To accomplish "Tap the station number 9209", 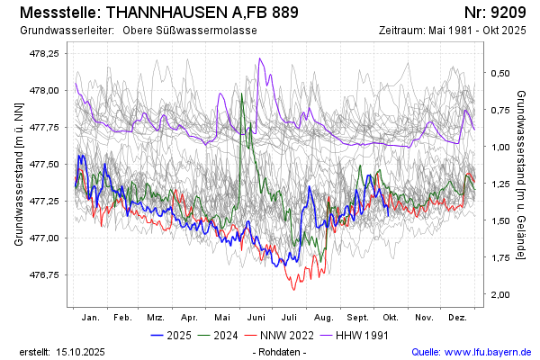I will pos(509,13).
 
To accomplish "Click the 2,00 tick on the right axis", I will pos(500,294).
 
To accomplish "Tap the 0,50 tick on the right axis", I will pos(500,73).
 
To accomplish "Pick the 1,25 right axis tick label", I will pos(500,184).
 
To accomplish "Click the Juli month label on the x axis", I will pos(290,318).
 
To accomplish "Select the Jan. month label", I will pos(90,318).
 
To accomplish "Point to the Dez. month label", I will pos(457,318).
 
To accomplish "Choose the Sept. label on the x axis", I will pos(357,318).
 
